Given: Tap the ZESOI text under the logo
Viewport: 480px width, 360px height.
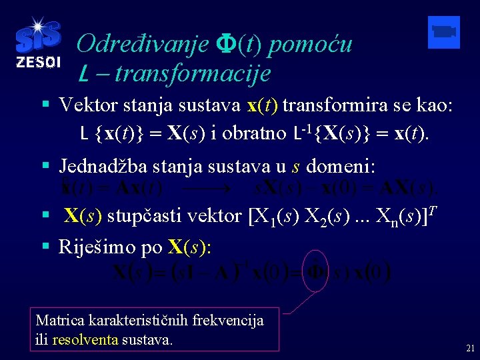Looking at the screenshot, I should click(38, 63).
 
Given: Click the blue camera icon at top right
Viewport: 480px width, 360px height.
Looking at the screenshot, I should click(443, 32).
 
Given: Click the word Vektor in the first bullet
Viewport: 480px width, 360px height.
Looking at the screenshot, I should click(85, 106).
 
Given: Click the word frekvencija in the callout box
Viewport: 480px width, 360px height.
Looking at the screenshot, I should click(227, 321).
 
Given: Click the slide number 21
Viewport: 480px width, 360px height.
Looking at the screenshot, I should click(470, 348).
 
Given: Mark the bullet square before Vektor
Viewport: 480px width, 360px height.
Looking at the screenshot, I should click(44, 105).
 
